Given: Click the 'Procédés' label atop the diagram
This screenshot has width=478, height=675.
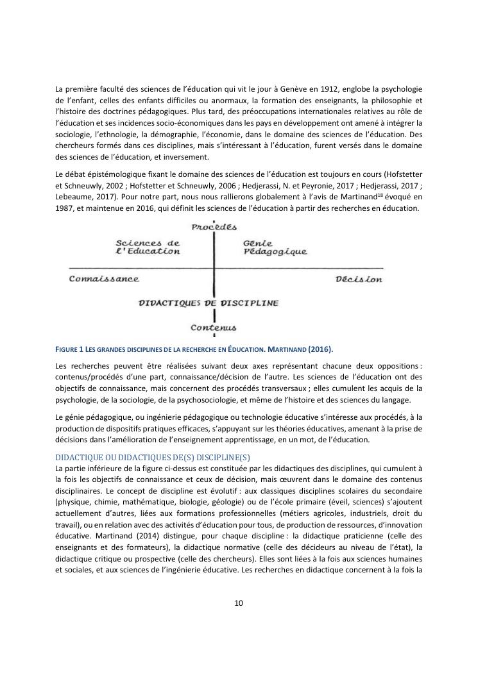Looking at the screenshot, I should pyautogui.click(x=214, y=226).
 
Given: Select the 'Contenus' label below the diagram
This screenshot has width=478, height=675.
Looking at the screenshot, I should pyautogui.click(x=214, y=328).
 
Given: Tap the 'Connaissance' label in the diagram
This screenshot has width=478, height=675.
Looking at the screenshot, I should pyautogui.click(x=104, y=279).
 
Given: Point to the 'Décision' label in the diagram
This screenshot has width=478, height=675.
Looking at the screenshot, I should pyautogui.click(x=359, y=279).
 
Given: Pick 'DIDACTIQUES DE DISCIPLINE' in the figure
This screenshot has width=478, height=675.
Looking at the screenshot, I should pyautogui.click(x=209, y=303).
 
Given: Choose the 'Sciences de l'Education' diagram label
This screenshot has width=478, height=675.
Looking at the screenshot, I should pyautogui.click(x=147, y=247).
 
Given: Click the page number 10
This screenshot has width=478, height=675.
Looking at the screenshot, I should pyautogui.click(x=238, y=603).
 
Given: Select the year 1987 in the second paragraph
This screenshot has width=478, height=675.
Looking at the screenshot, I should pyautogui.click(x=67, y=209).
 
